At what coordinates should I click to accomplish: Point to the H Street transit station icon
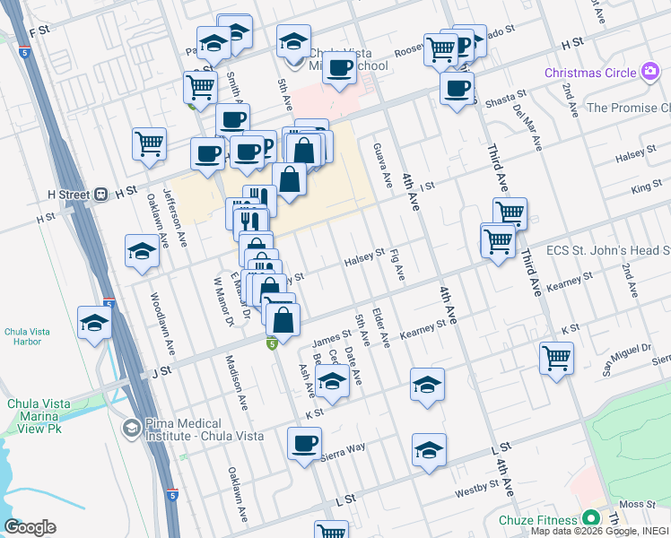tap(101, 193)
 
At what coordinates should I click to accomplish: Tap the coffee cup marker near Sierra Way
tap(304, 443)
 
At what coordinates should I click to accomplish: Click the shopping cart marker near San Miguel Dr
tap(556, 359)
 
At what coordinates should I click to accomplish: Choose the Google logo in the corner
tap(30, 527)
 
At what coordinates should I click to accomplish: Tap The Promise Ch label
tap(627, 108)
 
